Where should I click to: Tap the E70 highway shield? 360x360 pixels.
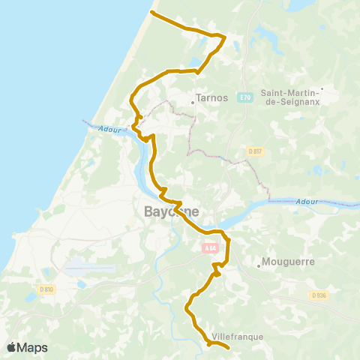246,97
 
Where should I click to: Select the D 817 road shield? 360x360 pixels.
254,151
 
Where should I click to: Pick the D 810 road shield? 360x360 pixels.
47,289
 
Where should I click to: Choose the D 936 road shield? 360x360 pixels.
319,295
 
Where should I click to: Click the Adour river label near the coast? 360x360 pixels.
108,129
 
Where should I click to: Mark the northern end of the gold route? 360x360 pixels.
152,12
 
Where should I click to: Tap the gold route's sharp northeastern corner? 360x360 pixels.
225,35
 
